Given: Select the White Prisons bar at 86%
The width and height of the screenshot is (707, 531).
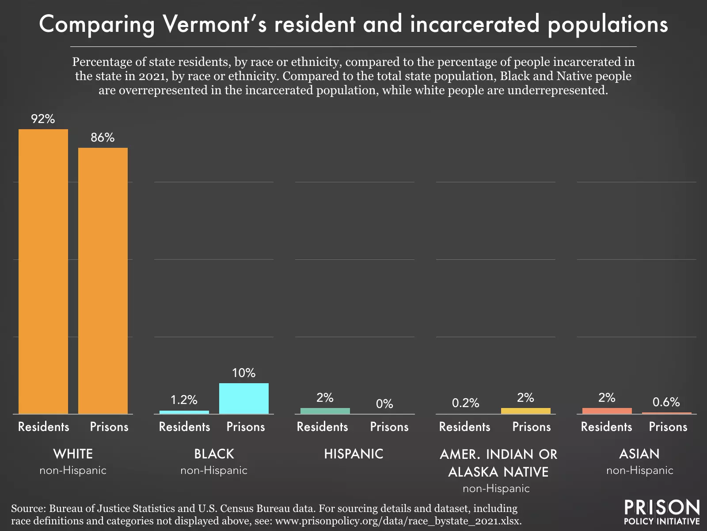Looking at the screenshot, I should point(103,281).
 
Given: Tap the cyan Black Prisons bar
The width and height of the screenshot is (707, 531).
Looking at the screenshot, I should point(244,398).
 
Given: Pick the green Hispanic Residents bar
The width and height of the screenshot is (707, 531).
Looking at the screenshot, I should point(325,411).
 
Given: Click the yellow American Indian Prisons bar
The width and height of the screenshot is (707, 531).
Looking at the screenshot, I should point(525,411).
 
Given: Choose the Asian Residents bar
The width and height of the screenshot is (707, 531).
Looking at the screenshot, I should point(607,411).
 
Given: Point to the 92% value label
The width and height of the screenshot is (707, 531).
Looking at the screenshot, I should point(43,119).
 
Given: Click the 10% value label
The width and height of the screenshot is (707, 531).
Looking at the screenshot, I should point(244,373).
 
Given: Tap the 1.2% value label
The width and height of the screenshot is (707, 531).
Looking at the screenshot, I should point(184,400).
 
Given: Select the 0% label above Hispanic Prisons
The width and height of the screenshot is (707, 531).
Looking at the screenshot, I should point(384,404).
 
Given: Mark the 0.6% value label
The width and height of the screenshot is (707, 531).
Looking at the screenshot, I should point(666,402).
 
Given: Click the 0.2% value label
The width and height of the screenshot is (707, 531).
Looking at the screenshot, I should point(465,403).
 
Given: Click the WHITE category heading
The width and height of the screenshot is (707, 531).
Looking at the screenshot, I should point(73,454).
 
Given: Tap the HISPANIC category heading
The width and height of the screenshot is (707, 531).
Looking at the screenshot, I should point(353,454).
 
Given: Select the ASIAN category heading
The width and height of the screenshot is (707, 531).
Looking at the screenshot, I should point(639,454).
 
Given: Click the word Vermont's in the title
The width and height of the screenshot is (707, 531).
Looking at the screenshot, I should point(214,24).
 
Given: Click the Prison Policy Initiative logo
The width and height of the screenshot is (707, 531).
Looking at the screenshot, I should point(661,512).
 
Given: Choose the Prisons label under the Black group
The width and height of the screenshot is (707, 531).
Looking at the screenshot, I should point(246,427).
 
